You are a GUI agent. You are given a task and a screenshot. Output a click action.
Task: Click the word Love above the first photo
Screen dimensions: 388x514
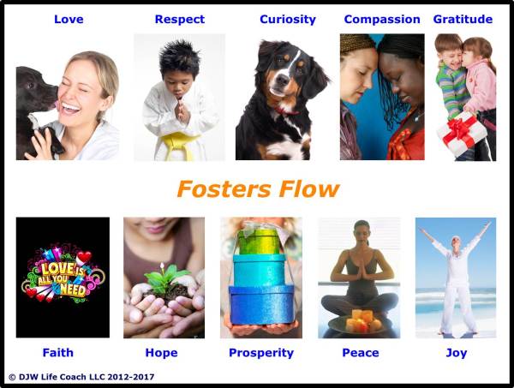point(68,19)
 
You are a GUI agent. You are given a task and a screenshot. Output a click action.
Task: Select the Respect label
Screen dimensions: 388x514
point(179,19)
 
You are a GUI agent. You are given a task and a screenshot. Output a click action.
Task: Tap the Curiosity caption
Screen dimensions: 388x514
point(287,19)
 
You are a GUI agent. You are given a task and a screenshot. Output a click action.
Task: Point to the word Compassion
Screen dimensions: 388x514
point(382,19)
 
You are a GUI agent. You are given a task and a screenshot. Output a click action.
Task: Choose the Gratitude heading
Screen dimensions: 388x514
point(463,19)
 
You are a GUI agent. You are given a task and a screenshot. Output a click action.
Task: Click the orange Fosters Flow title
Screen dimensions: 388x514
point(258,188)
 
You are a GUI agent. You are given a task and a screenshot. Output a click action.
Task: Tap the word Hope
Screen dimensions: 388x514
point(161,352)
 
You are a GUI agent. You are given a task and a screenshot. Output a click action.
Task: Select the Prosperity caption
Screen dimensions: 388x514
point(261,352)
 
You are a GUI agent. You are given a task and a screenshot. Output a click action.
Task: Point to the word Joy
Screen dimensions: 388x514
point(456,352)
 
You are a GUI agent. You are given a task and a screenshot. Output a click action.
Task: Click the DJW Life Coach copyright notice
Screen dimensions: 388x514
point(81,376)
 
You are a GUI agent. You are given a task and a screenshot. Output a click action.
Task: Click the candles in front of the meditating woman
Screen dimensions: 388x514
point(360,322)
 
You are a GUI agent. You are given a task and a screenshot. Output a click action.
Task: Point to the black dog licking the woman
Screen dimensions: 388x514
point(34,98)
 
